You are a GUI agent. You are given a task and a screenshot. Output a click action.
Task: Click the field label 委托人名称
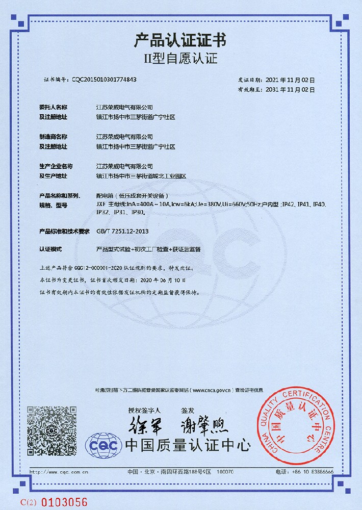pyautogui.click(x=53, y=108)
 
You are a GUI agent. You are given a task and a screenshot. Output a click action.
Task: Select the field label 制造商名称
pyautogui.click(x=53, y=137)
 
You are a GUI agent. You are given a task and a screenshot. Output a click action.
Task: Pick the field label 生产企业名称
pyautogui.click(x=56, y=166)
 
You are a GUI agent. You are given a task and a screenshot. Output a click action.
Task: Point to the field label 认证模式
pyautogui.click(x=50, y=249)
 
